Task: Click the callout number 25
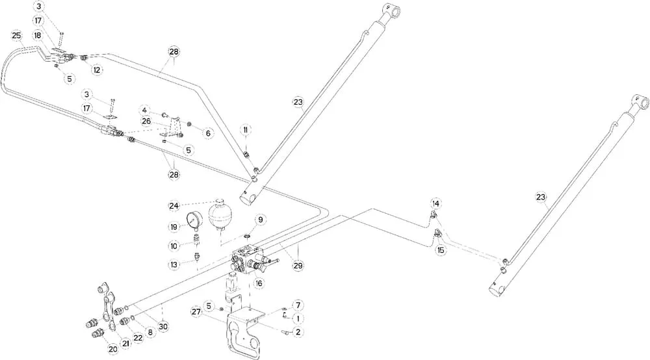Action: point(17,35)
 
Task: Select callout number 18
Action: point(38,35)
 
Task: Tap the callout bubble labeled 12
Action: point(97,70)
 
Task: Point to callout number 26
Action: point(146,120)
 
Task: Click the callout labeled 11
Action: point(246,131)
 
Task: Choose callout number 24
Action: point(174,206)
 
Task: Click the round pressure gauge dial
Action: point(193,219)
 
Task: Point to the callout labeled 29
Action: point(298,265)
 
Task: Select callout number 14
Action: point(435,203)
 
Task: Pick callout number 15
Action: point(441,250)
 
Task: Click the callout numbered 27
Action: point(196,312)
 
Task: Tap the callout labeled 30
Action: point(163,326)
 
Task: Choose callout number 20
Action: point(112,348)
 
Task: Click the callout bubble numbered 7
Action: point(298,305)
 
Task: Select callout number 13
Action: point(174,264)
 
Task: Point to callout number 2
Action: point(298,332)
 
